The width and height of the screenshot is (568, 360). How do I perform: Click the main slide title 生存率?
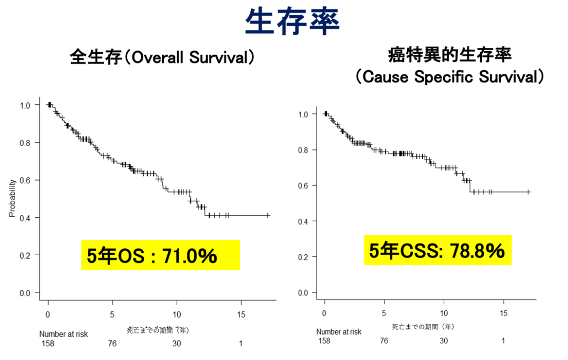pos(292,20)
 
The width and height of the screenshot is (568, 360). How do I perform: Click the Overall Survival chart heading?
pos(162,57)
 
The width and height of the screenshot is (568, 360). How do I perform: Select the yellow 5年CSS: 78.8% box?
pos(437,250)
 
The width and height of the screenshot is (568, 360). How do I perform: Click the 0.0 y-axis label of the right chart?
pos(303,293)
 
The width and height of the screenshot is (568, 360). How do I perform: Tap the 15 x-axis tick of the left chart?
pos(241,314)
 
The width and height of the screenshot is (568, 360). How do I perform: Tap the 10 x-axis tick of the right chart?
pos(444,313)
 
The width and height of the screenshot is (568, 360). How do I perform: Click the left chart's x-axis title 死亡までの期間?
pos(158,330)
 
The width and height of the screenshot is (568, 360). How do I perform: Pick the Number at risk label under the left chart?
pos(64,334)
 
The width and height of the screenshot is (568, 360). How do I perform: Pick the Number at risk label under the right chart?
pos(339,332)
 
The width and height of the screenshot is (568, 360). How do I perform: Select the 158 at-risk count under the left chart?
pos(48,343)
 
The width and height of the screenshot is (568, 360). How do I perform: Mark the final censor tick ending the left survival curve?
pos(268,215)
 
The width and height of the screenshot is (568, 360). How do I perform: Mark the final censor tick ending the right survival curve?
pos(529,192)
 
